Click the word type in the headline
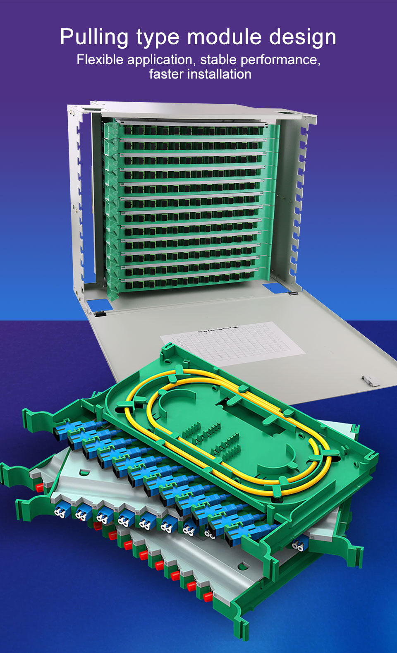158,38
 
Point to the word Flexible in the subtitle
100,60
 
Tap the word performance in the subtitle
280,60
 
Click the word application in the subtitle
160,60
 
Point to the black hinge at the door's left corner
100,313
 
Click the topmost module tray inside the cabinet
190,130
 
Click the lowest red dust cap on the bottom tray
207,596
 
